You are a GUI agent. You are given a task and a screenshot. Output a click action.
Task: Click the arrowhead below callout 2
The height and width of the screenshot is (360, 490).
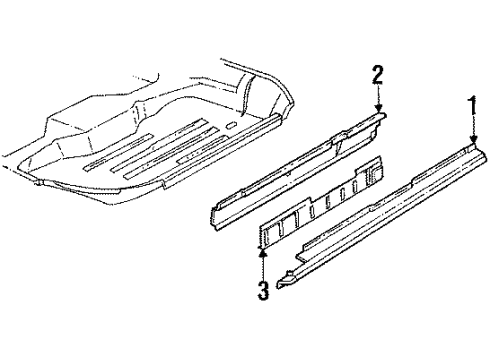(378, 110)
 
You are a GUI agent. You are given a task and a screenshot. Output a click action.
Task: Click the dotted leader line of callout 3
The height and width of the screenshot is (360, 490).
(263, 267)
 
